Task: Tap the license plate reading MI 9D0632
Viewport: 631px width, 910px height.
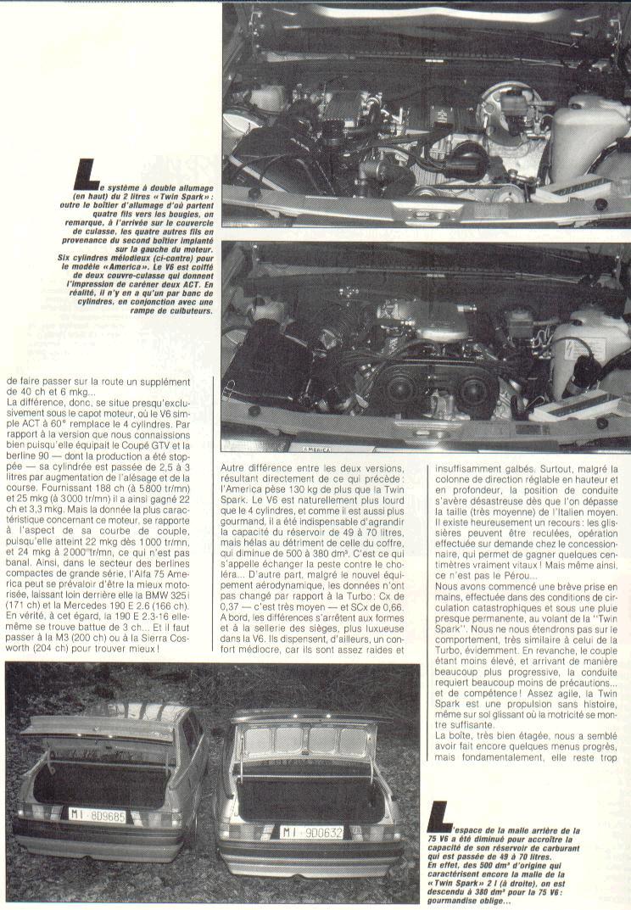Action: point(312,832)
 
